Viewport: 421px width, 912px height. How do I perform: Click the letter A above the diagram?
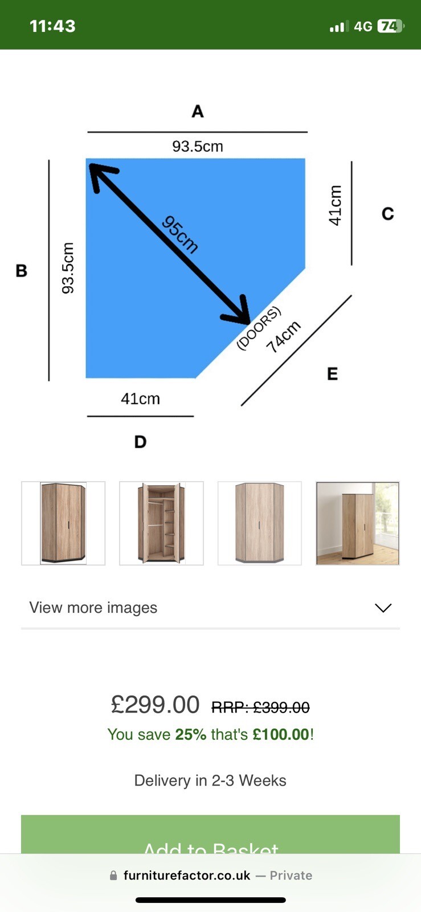pos(197,111)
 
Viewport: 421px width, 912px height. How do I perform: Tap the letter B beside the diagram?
pos(22,271)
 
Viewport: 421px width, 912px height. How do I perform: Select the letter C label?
pos(387,214)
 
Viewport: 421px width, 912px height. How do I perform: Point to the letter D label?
pos(140,442)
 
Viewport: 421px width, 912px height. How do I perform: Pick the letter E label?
pos(332,374)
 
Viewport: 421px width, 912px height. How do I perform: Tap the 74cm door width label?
pos(283,337)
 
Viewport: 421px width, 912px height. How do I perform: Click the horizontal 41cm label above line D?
pos(140,398)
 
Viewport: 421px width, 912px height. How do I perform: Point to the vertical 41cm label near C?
pos(336,205)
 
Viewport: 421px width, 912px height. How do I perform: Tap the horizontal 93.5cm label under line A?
pos(198,146)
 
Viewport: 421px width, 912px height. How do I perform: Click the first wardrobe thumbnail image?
pos(63,523)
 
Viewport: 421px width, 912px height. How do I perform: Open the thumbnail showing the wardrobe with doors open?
pos(161,523)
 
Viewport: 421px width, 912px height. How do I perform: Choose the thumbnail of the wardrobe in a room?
pos(358,523)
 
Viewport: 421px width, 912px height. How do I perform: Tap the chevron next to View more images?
pos(383,608)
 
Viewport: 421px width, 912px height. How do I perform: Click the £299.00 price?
pos(155,705)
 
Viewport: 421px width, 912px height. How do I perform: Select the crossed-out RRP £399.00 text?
pos(260,707)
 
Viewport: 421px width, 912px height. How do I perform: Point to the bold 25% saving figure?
pos(190,734)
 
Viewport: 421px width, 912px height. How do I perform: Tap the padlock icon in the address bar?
pos(113,876)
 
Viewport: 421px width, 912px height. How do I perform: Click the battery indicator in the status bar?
pos(390,26)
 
